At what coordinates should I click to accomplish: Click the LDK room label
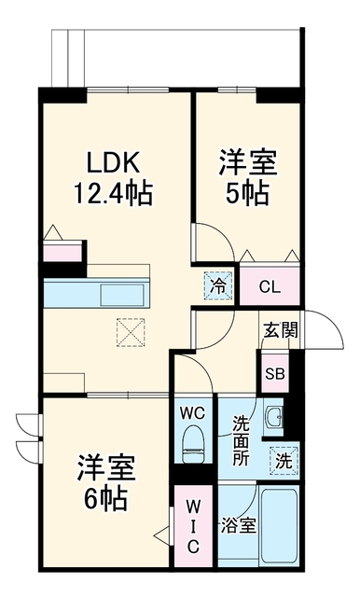coord(113,162)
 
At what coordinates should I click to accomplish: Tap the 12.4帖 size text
coord(113,193)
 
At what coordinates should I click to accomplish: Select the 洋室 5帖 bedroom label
coord(248,178)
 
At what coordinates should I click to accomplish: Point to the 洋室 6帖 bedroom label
coord(106,483)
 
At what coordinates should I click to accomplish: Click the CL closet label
coord(270,286)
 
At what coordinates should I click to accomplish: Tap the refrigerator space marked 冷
coord(218,285)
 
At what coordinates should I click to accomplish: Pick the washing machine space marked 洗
coord(284,461)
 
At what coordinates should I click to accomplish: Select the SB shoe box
coord(275,373)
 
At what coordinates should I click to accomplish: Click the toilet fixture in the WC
coord(193,444)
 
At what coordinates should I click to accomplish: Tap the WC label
coord(192,413)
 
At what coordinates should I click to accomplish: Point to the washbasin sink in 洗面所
coord(274,416)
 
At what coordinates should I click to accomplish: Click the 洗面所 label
coord(241,440)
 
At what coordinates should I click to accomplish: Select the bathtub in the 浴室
coord(280,526)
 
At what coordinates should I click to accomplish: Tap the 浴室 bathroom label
coord(238,526)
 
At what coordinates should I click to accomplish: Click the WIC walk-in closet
coord(193,526)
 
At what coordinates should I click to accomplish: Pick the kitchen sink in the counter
coord(122,295)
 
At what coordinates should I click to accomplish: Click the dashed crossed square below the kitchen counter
coord(131,332)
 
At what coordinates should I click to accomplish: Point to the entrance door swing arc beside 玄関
coord(330,327)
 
